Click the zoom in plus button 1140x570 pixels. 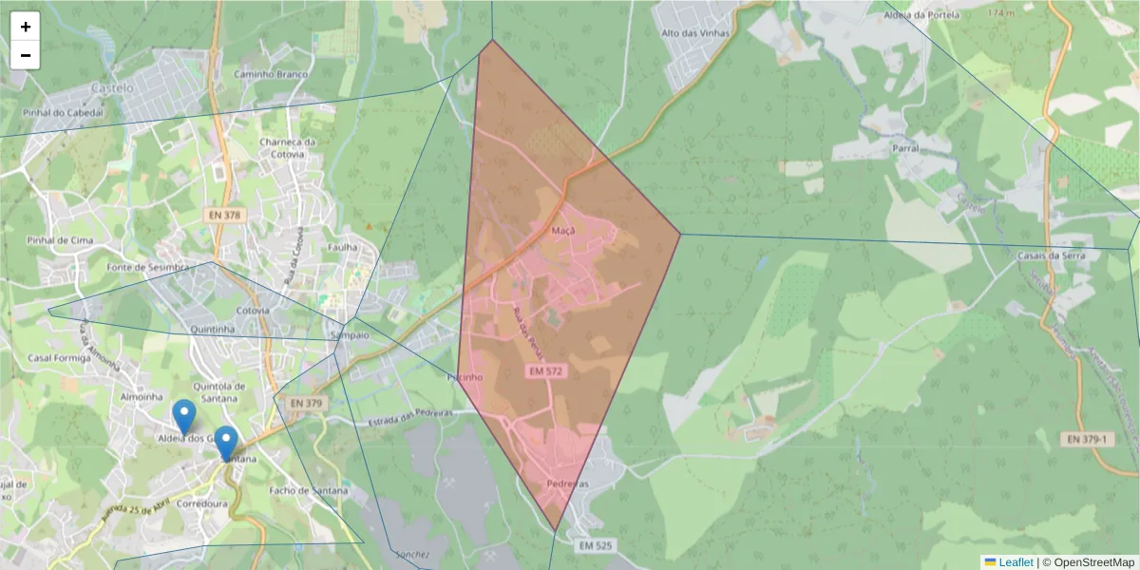pos(26,27)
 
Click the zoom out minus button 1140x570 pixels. pos(26,55)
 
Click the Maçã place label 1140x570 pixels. pos(563,231)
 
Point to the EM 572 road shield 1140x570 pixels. pos(546,370)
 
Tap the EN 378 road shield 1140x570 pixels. pos(224,216)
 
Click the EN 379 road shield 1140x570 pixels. pos(307,403)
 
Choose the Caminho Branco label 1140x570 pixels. pos(272,74)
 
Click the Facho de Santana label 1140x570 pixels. pos(309,490)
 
